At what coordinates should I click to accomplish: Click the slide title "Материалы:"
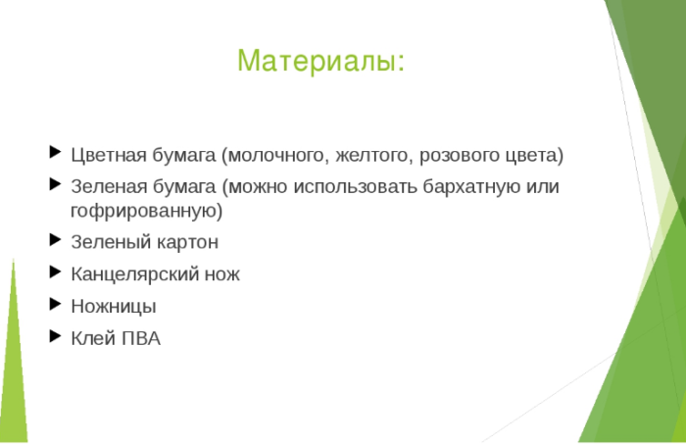click(320, 61)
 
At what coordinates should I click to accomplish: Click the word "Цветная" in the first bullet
click(107, 155)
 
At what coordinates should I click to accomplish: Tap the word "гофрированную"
click(146, 210)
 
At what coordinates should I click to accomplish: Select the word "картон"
click(186, 241)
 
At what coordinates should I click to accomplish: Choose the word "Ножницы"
click(114, 307)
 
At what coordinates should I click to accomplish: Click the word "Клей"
click(91, 339)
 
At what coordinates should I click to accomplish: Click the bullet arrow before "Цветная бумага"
click(55, 152)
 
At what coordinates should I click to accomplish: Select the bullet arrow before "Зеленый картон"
click(55, 239)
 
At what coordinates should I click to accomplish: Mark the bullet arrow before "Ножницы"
click(55, 304)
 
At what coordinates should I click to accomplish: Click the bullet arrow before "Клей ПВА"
click(55, 336)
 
